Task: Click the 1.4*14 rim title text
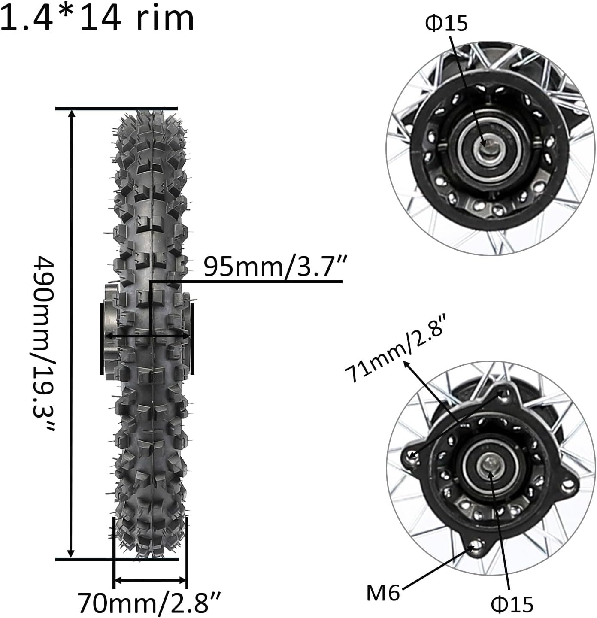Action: (98, 17)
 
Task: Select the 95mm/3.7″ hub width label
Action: (274, 267)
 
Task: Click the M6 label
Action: (383, 593)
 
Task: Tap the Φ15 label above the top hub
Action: (446, 24)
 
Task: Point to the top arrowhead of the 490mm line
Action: (72, 113)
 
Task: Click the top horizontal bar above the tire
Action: (116, 108)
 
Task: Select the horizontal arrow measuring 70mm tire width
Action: (150, 580)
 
